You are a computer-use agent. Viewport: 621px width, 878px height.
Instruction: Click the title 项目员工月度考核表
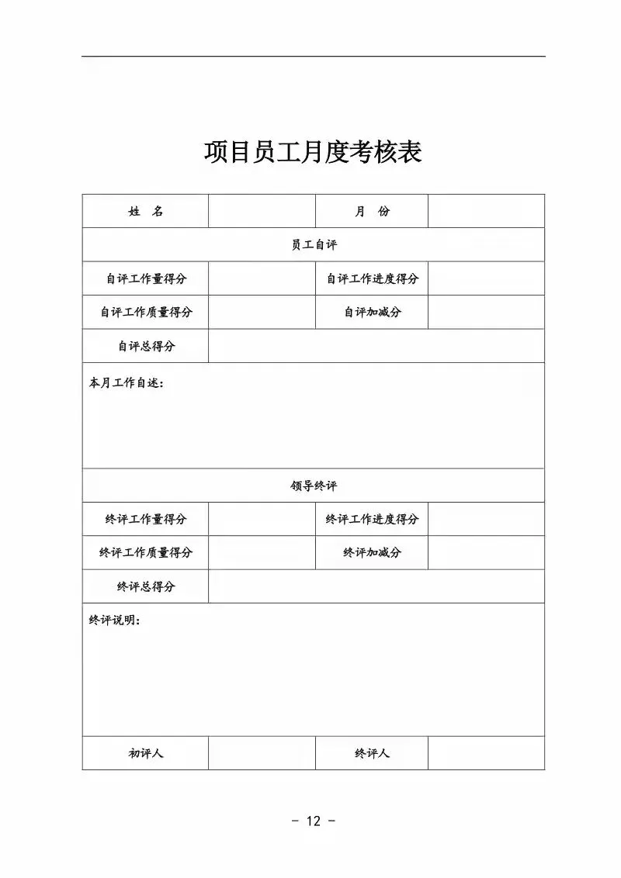pos(312,152)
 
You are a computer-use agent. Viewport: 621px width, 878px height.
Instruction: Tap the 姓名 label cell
pos(145,211)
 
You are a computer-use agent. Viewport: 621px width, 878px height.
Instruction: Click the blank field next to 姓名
pos(262,211)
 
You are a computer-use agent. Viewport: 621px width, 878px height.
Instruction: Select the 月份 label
pos(372,211)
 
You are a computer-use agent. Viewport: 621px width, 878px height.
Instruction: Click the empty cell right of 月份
pos(486,211)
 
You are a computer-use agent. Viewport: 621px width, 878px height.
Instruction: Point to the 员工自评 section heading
pos(314,244)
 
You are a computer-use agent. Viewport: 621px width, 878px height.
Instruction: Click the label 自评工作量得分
pos(145,278)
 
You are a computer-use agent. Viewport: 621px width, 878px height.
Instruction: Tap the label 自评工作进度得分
pos(372,278)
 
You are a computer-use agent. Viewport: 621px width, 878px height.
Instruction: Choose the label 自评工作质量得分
pos(145,312)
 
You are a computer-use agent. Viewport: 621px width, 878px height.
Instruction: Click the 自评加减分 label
pos(372,312)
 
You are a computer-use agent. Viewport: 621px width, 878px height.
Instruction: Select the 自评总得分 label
pos(145,346)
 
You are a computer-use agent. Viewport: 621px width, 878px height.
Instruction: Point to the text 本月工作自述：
pos(127,383)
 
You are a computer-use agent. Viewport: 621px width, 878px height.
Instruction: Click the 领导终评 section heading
pos(314,486)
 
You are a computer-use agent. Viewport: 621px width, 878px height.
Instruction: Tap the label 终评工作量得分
pos(145,519)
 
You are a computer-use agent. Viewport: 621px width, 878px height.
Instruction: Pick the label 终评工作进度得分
pos(372,519)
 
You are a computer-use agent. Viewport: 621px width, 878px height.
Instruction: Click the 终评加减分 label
pos(372,552)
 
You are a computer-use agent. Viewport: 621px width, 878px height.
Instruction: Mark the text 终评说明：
pos(115,620)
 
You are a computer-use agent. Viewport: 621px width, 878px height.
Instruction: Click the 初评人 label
pos(145,753)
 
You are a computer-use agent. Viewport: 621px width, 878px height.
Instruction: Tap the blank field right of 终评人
pos(486,753)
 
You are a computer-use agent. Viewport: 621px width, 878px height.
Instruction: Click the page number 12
pos(313,821)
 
